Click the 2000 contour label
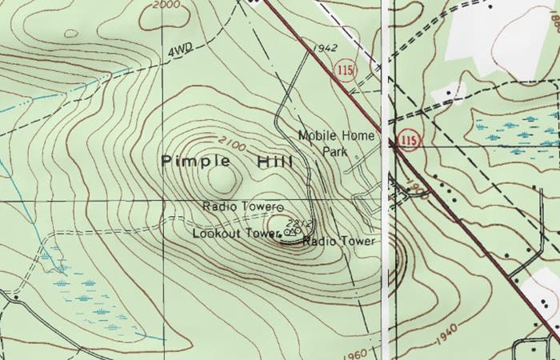point(165,5)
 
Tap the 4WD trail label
point(181,52)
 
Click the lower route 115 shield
point(409,141)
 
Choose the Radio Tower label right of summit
point(338,241)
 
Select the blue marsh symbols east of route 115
point(511,128)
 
